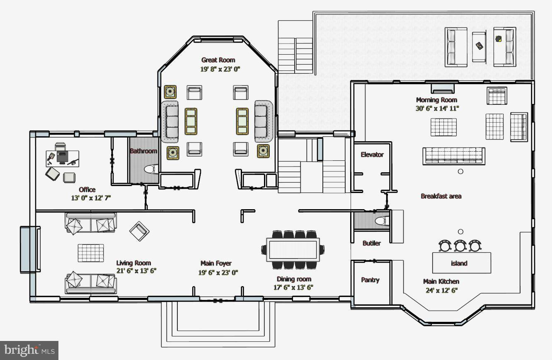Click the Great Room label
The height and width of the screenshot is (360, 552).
tap(218, 60)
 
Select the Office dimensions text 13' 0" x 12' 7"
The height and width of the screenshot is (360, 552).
tap(91, 198)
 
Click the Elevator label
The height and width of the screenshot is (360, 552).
tap(372, 155)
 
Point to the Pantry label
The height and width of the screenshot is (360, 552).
tap(370, 280)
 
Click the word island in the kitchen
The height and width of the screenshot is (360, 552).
tap(459, 263)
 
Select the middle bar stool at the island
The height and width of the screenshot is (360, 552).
tap(460, 246)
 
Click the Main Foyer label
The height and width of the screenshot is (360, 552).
tap(216, 263)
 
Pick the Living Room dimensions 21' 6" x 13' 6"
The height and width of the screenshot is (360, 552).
tap(136, 271)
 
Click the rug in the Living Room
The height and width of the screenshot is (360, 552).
tap(91, 253)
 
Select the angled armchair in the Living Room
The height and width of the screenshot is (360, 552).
tap(139, 231)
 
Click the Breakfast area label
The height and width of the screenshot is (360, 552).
tap(441, 196)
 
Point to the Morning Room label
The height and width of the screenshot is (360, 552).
tap(436, 100)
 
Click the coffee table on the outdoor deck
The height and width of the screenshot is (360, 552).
tap(479, 46)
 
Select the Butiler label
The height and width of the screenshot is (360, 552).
tap(371, 243)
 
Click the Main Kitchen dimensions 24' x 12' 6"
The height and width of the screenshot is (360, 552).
tap(441, 290)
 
